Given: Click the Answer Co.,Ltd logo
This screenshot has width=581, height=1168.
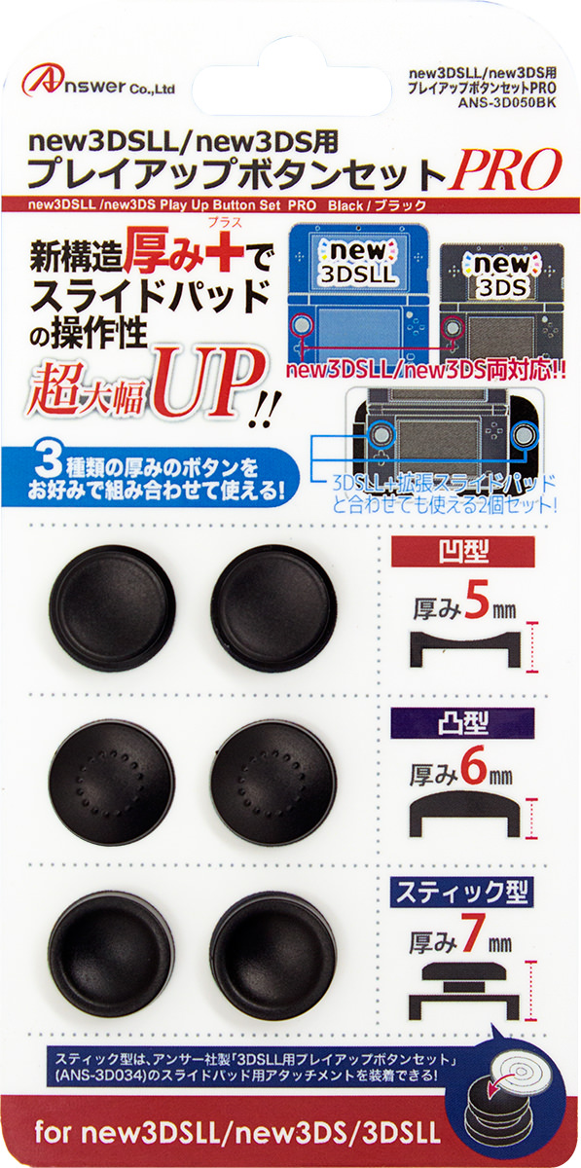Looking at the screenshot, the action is pos(98,84).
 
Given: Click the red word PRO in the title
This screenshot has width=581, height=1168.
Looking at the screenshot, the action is pos(506,170).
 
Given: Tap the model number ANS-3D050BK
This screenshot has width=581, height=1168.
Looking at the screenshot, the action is pos(507,103).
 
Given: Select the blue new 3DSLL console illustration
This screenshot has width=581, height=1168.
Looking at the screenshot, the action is pos(358,295).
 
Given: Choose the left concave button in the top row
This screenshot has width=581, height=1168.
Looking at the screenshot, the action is pos(111,608).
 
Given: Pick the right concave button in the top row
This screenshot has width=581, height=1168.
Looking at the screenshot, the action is pos(273,608).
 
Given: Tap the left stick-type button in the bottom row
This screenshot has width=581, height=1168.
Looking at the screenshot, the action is pos(111,955).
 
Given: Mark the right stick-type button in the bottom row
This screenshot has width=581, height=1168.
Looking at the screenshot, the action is pos(273,955).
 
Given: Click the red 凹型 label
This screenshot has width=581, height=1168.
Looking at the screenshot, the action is pos(463,552).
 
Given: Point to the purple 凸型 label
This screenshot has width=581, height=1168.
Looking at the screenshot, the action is pos(463,723).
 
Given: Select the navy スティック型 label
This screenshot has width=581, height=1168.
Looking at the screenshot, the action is pos(463,893).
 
